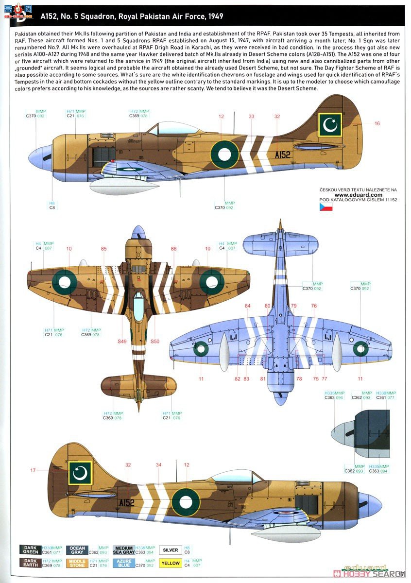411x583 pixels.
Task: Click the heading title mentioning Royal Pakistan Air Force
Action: (119, 17)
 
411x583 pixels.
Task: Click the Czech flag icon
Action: (326, 206)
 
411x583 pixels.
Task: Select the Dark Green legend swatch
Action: (30, 550)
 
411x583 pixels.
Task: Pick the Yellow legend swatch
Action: (170, 563)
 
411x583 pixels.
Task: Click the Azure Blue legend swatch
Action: (124, 563)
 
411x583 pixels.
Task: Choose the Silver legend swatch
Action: (170, 550)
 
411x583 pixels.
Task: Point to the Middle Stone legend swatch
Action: (77, 563)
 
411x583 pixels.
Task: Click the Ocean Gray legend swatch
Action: (77, 550)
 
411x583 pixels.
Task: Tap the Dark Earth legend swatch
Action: (30, 563)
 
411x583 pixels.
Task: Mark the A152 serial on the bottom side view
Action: (126, 503)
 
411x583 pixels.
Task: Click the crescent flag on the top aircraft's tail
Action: (330, 125)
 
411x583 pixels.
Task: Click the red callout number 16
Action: (377, 123)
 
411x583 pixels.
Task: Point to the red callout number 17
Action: (33, 470)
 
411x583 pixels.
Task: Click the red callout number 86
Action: (173, 249)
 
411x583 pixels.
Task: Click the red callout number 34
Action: (158, 465)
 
